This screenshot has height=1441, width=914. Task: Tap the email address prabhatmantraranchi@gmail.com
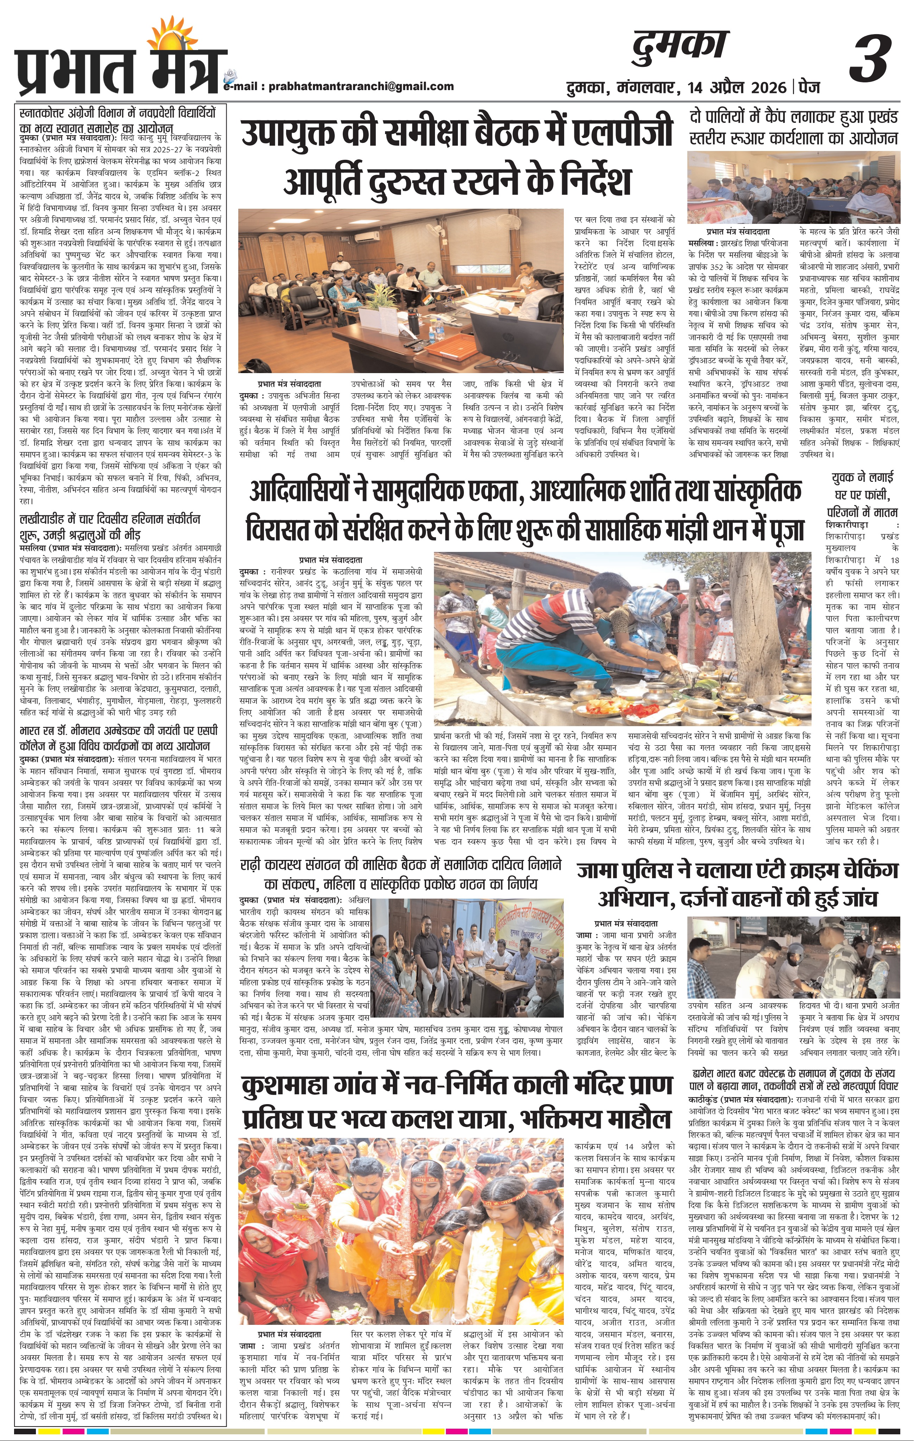pos(361,86)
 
